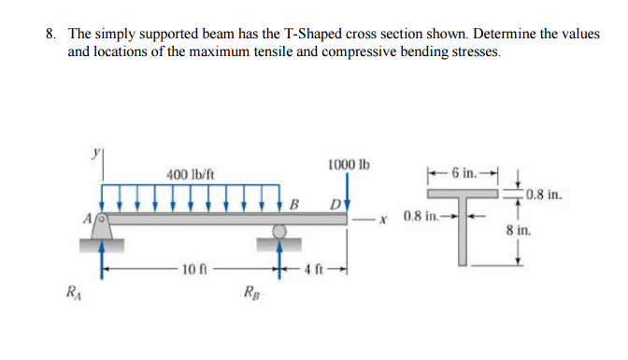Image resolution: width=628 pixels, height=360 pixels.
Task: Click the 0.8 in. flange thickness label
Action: tap(545, 196)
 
